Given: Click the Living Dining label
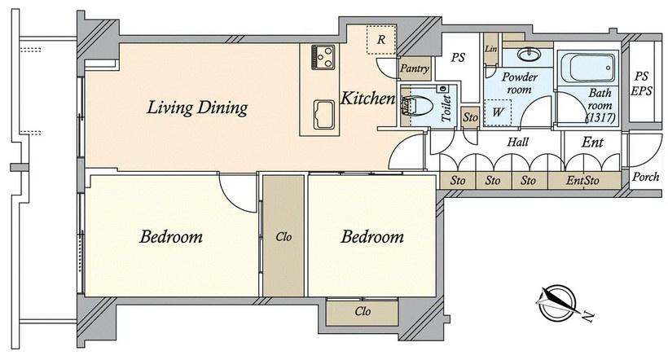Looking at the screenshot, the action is coord(197,108).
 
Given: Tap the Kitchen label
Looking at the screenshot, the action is coord(367,99).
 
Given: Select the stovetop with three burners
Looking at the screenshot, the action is coord(323,57).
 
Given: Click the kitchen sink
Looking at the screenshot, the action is coord(323,115).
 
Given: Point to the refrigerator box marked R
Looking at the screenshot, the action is coord(381,39).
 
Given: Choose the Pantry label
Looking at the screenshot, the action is coord(415,68).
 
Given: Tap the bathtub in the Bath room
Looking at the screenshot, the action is coord(588,68).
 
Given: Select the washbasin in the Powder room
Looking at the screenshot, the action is coord(530,55).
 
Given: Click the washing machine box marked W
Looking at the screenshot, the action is coord(498,112).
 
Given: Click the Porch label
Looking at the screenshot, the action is coord(645,177).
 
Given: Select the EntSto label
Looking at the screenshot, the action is coord(582,181).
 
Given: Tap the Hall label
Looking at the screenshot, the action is coord(517,142).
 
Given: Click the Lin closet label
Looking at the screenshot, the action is coord(490,49).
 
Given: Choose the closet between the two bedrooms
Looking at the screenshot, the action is coord(283,235).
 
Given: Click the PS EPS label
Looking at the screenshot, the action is coord(642,84).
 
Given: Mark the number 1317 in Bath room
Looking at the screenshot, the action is coord(600,118).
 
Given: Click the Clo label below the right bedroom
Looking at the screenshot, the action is coord(363,311).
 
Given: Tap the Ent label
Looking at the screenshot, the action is coord(592,142).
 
